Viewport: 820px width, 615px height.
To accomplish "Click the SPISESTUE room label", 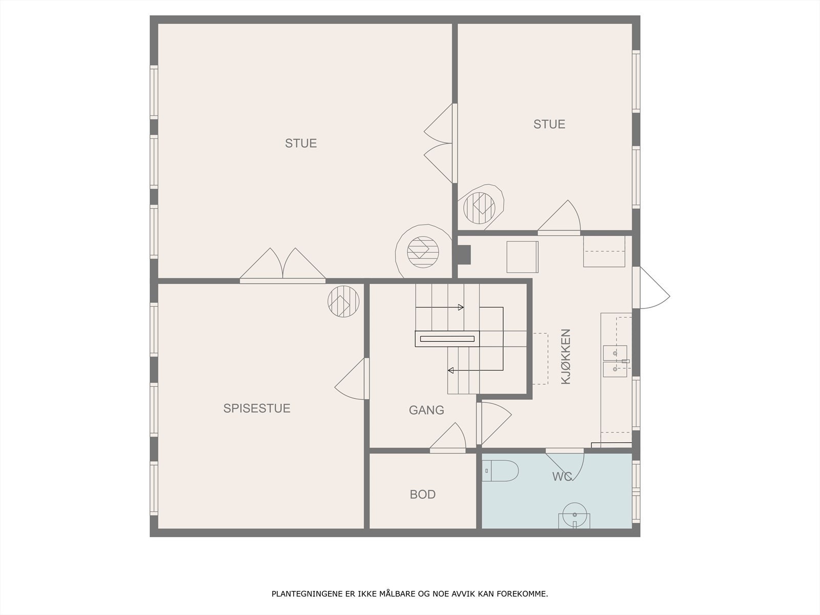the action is click(x=257, y=408).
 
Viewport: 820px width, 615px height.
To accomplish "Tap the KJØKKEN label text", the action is click(x=566, y=357).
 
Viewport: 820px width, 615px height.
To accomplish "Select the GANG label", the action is click(x=426, y=411).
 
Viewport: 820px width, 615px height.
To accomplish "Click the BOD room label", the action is click(x=422, y=495).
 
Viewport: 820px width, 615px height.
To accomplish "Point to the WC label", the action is click(x=562, y=477).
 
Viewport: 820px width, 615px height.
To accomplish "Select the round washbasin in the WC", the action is click(x=575, y=515).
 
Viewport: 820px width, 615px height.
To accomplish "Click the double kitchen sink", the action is click(x=615, y=361).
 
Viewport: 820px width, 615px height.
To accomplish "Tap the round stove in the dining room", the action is click(x=343, y=301).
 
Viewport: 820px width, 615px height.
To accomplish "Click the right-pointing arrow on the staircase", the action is click(x=440, y=307).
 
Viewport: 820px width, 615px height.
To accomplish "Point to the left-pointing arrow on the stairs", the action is click(x=476, y=371).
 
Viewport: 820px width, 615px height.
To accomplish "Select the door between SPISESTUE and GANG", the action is click(x=352, y=379).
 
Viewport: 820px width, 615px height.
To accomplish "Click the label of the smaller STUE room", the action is click(x=549, y=125).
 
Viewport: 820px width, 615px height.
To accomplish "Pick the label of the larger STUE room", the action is click(x=301, y=143).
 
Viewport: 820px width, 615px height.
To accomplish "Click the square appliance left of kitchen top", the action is click(x=522, y=257).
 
